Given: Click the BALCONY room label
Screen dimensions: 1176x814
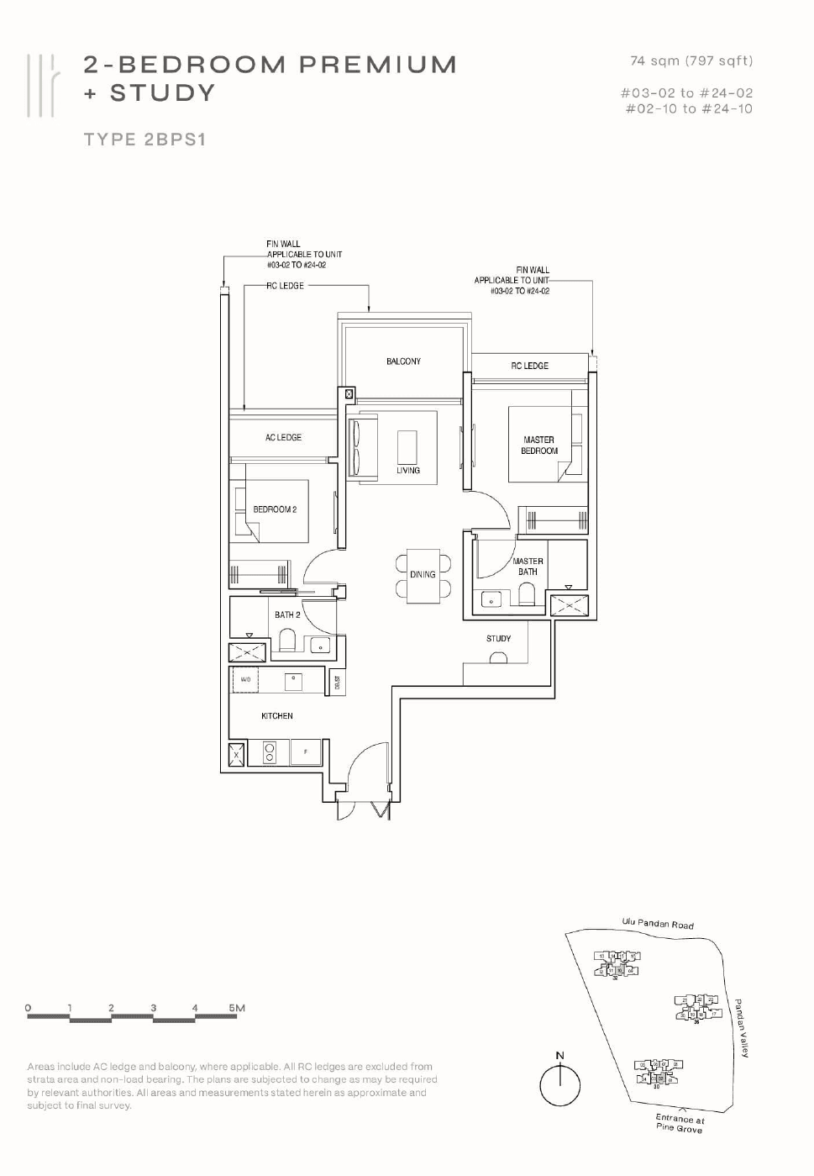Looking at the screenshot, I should point(403,361).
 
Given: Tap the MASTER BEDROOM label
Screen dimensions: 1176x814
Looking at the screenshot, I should point(538,446).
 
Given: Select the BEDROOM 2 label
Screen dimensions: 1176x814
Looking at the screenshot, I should point(275,509).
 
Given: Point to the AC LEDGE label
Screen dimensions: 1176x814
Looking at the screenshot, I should point(283,437).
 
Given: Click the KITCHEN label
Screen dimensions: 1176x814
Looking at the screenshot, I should point(277,716).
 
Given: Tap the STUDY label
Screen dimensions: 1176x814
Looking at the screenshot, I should point(498,639).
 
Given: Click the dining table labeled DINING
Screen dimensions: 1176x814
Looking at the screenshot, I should point(423,575).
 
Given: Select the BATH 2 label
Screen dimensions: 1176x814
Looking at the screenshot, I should point(287,615).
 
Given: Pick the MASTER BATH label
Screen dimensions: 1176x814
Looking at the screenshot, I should point(528,567).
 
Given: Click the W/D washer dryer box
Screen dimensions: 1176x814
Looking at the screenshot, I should point(245,679).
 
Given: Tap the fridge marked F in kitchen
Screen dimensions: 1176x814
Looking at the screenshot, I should point(305,752).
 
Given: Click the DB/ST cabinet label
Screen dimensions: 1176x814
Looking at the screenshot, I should point(337,683).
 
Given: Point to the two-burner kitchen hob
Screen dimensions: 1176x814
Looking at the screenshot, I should point(270,752).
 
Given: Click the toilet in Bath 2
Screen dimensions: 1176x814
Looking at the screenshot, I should point(286,642).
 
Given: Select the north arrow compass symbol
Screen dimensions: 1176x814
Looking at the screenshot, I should point(559,1084).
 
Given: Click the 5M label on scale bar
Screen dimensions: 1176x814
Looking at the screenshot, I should point(237,1008).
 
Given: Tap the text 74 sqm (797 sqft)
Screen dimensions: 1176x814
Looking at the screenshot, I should point(691,61).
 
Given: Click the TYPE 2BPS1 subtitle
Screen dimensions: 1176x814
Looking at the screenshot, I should point(144,140).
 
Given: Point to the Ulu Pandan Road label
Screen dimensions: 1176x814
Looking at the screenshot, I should point(658,924).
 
